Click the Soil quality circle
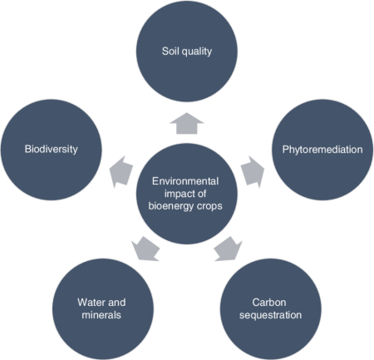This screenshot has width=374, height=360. (x=187, y=52)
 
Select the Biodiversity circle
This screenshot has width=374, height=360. (x=51, y=150)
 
